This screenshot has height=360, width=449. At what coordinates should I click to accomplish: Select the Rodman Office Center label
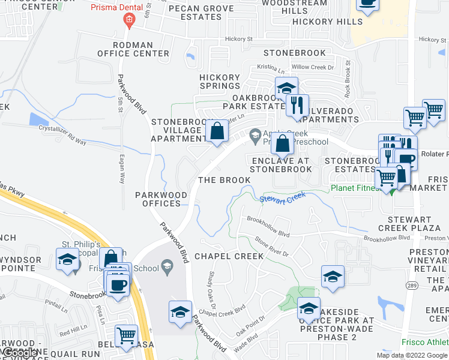pyautogui.click(x=141, y=49)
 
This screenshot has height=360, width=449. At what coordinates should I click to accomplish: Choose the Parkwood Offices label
pyautogui.click(x=158, y=199)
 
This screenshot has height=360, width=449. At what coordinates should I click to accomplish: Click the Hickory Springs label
pyautogui.click(x=220, y=82)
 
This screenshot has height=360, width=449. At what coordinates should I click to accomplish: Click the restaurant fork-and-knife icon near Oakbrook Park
pyautogui.click(x=297, y=105)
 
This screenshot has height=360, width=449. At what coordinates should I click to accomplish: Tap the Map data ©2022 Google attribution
pyautogui.click(x=412, y=355)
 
